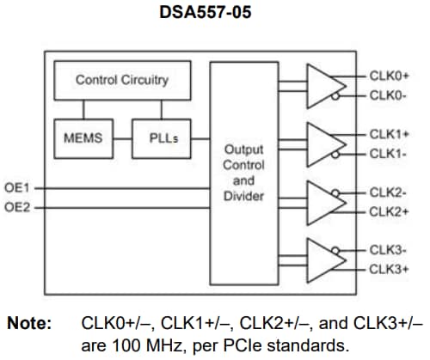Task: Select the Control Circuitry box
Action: [x=121, y=81]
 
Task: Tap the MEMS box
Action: [x=83, y=137]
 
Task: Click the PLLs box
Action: [x=161, y=137]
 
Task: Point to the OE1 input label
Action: [x=19, y=186]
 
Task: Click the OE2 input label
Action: [x=19, y=207]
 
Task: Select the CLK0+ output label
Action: [x=389, y=76]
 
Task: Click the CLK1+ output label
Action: [x=389, y=134]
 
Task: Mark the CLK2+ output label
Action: [x=389, y=211]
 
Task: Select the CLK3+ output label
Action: [x=389, y=269]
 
